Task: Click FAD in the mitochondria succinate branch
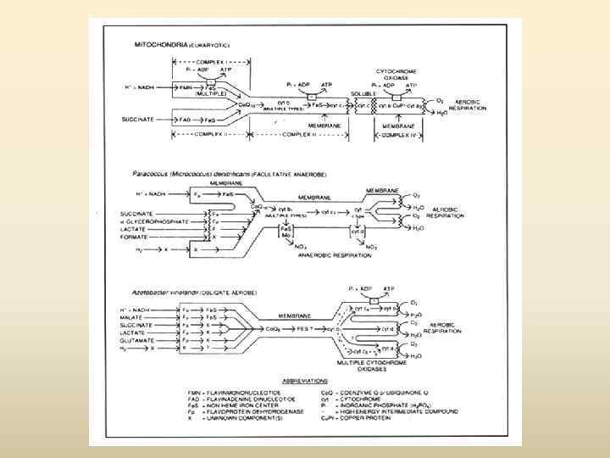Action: tap(185, 120)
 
